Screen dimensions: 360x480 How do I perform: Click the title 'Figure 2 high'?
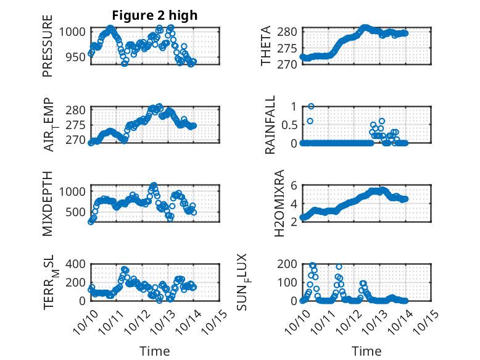(154, 15)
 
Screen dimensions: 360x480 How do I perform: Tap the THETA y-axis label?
(266, 47)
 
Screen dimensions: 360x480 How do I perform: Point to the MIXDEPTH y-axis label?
(48, 204)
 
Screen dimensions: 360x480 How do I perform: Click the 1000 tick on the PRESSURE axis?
(73, 31)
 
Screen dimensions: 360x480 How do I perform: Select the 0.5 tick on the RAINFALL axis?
(289, 124)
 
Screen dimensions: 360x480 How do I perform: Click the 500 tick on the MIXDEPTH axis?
(77, 212)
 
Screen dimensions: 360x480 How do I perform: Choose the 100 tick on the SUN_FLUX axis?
(289, 282)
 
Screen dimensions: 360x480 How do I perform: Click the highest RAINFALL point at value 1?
(311, 106)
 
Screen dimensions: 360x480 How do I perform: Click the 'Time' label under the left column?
(154, 351)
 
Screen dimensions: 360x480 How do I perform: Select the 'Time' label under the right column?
(366, 351)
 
